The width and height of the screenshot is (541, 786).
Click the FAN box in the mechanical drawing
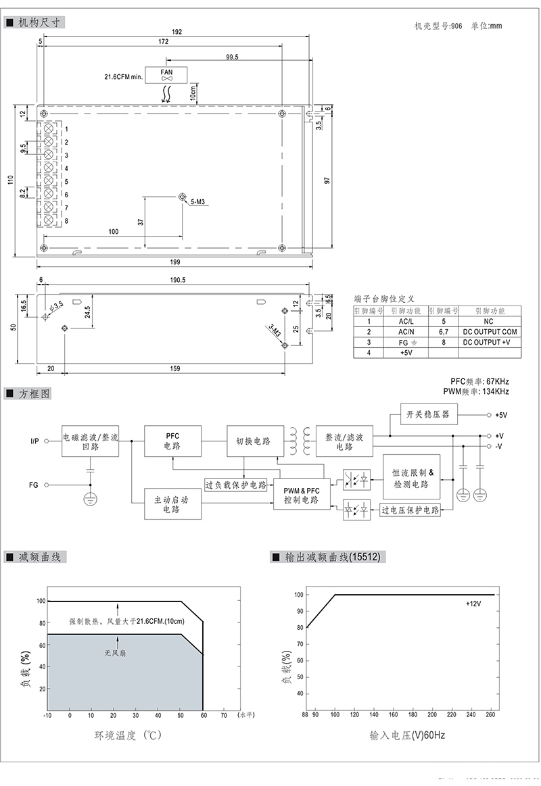pos(167,74)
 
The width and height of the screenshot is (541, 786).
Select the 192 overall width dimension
pos(177,31)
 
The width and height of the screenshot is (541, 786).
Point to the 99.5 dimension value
pos(233,57)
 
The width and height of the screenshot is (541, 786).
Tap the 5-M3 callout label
pos(198,202)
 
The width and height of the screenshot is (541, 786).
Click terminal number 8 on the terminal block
pos(66,221)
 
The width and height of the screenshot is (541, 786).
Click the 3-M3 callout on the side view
pos(274,331)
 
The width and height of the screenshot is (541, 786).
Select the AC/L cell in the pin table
pos(406,322)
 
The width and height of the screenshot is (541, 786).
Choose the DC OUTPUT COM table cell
pos(491,332)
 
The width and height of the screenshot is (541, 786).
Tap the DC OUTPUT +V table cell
pos(491,343)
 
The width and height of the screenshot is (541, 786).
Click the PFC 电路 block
pos(172,441)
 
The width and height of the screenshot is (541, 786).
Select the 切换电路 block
pos(253,441)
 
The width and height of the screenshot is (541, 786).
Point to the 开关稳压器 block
pos(427,414)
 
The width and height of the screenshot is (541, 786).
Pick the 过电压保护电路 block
pos(410,510)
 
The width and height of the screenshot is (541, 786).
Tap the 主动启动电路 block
pos(172,504)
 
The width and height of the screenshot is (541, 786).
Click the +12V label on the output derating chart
pos(473,604)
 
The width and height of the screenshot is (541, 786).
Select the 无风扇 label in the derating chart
pos(115,653)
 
